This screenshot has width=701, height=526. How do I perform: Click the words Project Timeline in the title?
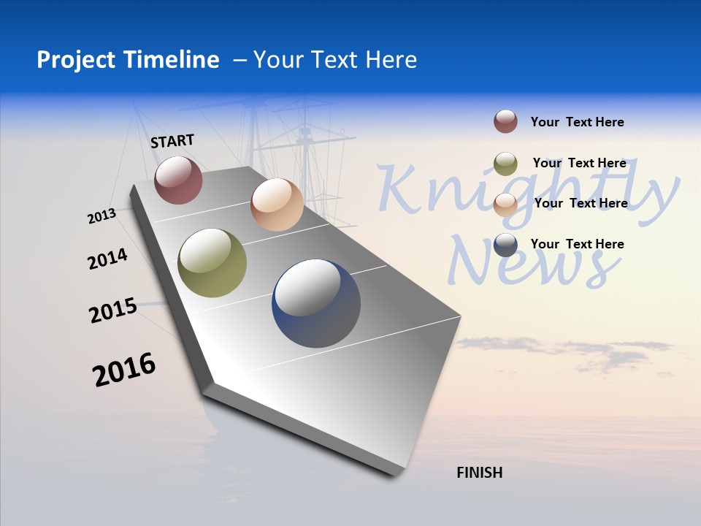coord(128,60)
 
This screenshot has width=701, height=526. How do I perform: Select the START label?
coord(172,141)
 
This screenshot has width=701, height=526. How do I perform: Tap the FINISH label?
coord(479,473)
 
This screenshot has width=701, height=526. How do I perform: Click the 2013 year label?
coord(101,216)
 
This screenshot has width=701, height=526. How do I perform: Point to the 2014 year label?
coord(107,259)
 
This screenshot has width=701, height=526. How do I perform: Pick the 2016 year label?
coord(124,370)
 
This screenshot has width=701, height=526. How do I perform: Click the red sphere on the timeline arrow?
coord(178,180)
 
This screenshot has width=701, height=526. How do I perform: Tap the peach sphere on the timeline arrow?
coord(277,205)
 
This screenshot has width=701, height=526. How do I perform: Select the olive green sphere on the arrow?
coord(212,263)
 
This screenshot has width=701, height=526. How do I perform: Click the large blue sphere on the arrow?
coord(316,303)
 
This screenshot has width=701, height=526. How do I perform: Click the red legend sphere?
coord(505,121)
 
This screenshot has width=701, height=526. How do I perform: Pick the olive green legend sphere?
coord(505,164)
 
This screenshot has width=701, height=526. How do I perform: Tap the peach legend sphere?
coord(505,205)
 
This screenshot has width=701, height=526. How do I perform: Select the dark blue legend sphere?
coord(505,245)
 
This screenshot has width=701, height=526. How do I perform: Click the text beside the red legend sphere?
coord(577,122)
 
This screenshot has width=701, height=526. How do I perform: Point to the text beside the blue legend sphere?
coord(577,244)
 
